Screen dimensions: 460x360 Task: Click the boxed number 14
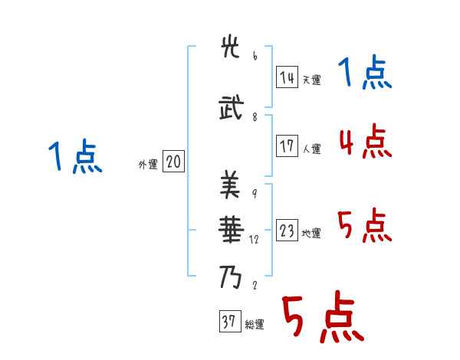287,77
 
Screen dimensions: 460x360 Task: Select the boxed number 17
287,146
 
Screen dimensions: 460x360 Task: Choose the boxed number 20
173,162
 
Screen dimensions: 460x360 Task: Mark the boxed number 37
229,322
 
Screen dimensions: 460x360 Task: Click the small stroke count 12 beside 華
255,239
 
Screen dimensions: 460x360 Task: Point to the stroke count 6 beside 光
255,56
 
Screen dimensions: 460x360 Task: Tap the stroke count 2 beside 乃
255,286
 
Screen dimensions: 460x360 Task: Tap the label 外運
148,164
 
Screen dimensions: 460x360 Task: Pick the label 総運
255,325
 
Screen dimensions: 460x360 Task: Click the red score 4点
365,142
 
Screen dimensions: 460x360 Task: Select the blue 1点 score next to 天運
365,74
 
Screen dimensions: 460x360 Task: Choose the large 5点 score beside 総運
322,318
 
